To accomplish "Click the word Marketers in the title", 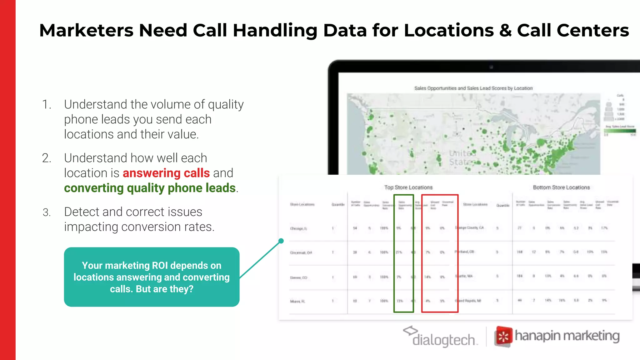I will tap(87, 31).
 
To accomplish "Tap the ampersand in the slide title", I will tap(505, 31).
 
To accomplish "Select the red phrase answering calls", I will tap(166, 173).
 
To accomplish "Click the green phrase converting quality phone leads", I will tap(150, 188).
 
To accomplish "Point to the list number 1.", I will tap(46, 104).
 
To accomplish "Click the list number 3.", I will tap(47, 212).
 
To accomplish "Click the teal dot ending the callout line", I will tap(281, 241).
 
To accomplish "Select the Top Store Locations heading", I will tap(408, 187).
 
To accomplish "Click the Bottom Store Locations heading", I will tap(561, 187).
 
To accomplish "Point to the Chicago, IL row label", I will tap(298, 229).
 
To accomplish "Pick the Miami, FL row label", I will tap(297, 301).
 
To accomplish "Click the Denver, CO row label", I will tap(298, 277).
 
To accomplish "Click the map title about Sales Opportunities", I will tap(473, 88).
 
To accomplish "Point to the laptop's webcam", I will tap(491, 67).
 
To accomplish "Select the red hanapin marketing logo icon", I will tap(503, 337).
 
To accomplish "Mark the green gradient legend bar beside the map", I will tap(620, 131).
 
